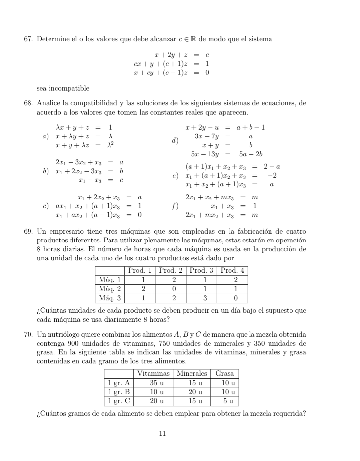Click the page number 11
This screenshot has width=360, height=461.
(162, 433)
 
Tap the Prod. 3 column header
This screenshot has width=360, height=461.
(201, 271)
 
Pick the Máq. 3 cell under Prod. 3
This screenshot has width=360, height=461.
(205, 298)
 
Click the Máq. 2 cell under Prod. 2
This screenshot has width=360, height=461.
(174, 289)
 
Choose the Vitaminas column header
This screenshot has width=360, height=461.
(153, 373)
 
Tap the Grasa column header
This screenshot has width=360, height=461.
(225, 373)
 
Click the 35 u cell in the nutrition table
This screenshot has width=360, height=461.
(157, 383)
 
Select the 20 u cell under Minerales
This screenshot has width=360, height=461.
(195, 392)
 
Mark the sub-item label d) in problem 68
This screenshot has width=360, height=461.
(176, 141)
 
